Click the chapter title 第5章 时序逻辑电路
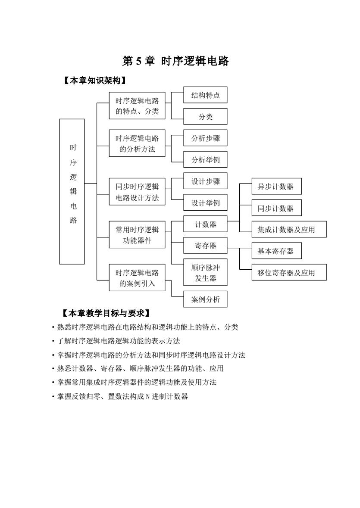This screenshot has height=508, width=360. pos(175,61)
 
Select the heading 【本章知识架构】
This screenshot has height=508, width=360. pos(94,80)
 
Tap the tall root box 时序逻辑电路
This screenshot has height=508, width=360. pos(72,191)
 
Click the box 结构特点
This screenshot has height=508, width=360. pos(205,95)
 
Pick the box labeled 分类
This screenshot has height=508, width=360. pos(205,116)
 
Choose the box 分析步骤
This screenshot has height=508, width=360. pos(205,138)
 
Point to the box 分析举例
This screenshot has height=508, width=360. pos(205,159)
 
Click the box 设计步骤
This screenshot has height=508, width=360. pos(205,181)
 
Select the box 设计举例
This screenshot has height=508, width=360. pos(205,203)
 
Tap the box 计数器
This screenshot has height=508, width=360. pos(205,224)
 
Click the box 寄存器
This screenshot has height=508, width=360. pos(205,246)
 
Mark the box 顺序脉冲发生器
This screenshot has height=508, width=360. pos(205,272)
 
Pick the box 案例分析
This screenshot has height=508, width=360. pos(205,299)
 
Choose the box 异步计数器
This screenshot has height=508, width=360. pos(277,186)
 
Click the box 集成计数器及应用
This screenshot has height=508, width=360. pos(289,229)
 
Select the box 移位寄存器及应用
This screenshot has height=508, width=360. pos(289,272)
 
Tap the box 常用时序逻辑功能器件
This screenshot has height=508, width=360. pos(137,234)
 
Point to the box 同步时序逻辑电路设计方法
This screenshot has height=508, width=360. pos(137,191)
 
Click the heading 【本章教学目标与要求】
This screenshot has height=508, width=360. pos(106,313)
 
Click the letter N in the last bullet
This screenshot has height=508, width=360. pos(148,396)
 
